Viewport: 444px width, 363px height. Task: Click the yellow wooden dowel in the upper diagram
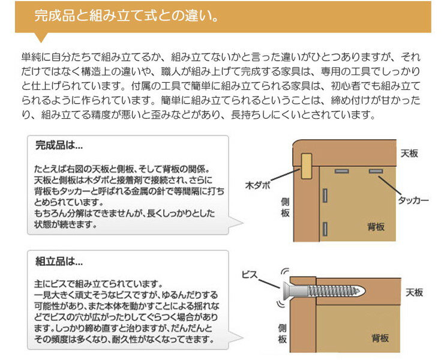point(307,166)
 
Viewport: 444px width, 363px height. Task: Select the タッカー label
point(413,201)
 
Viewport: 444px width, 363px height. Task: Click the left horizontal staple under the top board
point(344,172)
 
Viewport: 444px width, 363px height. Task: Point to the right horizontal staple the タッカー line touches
point(376,172)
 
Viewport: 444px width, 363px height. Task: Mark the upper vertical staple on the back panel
point(325,196)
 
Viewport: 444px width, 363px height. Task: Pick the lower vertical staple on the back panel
point(325,227)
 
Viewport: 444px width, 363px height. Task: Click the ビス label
point(251,274)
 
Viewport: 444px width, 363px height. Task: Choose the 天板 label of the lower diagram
point(414,293)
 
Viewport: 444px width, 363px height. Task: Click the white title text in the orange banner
point(125,14)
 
